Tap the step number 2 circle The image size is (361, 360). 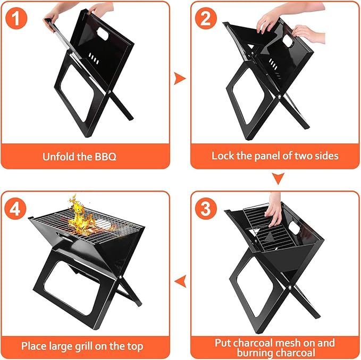205,19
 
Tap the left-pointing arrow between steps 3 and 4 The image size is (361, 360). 180,280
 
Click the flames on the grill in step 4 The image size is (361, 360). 81,215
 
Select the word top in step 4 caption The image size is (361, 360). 135,346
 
